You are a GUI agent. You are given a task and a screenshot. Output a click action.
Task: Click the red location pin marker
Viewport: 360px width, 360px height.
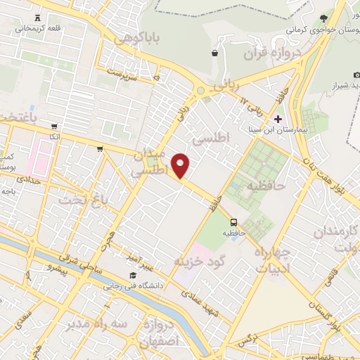pyautogui.click(x=181, y=166)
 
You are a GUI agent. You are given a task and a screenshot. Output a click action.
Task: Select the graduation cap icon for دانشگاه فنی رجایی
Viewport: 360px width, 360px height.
pyautogui.click(x=132, y=276)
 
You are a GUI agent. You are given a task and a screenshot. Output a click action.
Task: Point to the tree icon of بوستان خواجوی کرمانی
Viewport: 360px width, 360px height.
pyautogui.click(x=323, y=18)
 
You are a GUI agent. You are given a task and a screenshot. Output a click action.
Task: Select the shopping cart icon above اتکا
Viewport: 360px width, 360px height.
pyautogui.click(x=54, y=127)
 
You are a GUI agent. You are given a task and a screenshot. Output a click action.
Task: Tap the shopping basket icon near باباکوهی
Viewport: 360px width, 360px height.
pyautogui.click(x=214, y=53)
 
